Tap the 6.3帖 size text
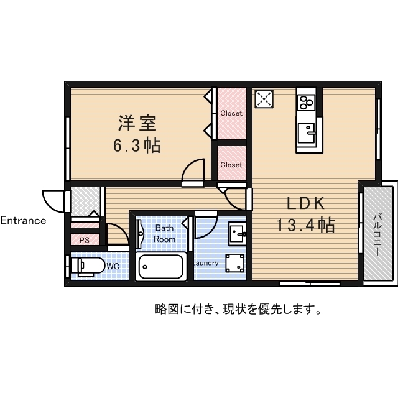pyautogui.click(x=137, y=146)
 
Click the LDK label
pyautogui.click(x=305, y=203)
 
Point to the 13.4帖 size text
pyautogui.click(x=306, y=224)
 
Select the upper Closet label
pyautogui.click(x=231, y=113)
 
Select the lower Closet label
pyautogui.click(x=231, y=165)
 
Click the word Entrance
pyautogui.click(x=23, y=220)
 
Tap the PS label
pyautogui.click(x=84, y=239)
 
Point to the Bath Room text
pyautogui.click(x=165, y=233)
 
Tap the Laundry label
pyautogui.click(x=206, y=263)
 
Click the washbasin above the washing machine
pyautogui.click(x=237, y=234)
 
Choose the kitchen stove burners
pyautogui.click(x=306, y=101)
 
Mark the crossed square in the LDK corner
pyautogui.click(x=264, y=98)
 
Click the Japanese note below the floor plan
pyautogui.click(x=238, y=308)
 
